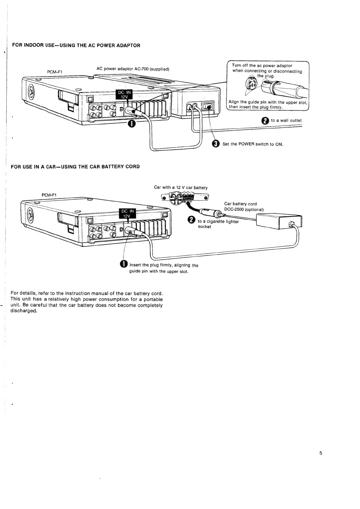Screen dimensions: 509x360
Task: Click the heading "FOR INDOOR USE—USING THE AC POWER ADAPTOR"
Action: click(x=76, y=46)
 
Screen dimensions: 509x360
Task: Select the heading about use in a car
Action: click(x=75, y=167)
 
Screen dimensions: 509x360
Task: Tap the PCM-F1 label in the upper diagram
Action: click(x=55, y=72)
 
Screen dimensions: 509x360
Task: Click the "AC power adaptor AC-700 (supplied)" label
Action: click(x=132, y=69)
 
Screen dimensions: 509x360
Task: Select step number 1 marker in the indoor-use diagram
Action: click(x=131, y=124)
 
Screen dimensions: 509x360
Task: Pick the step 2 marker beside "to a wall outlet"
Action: click(x=265, y=121)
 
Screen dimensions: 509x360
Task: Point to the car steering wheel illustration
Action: click(x=176, y=197)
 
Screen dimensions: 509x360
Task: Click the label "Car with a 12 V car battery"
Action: click(x=180, y=188)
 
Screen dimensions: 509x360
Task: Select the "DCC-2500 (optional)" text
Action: click(x=244, y=210)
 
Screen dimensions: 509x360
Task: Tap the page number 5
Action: click(x=321, y=453)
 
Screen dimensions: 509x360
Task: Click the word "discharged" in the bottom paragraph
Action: click(x=24, y=311)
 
